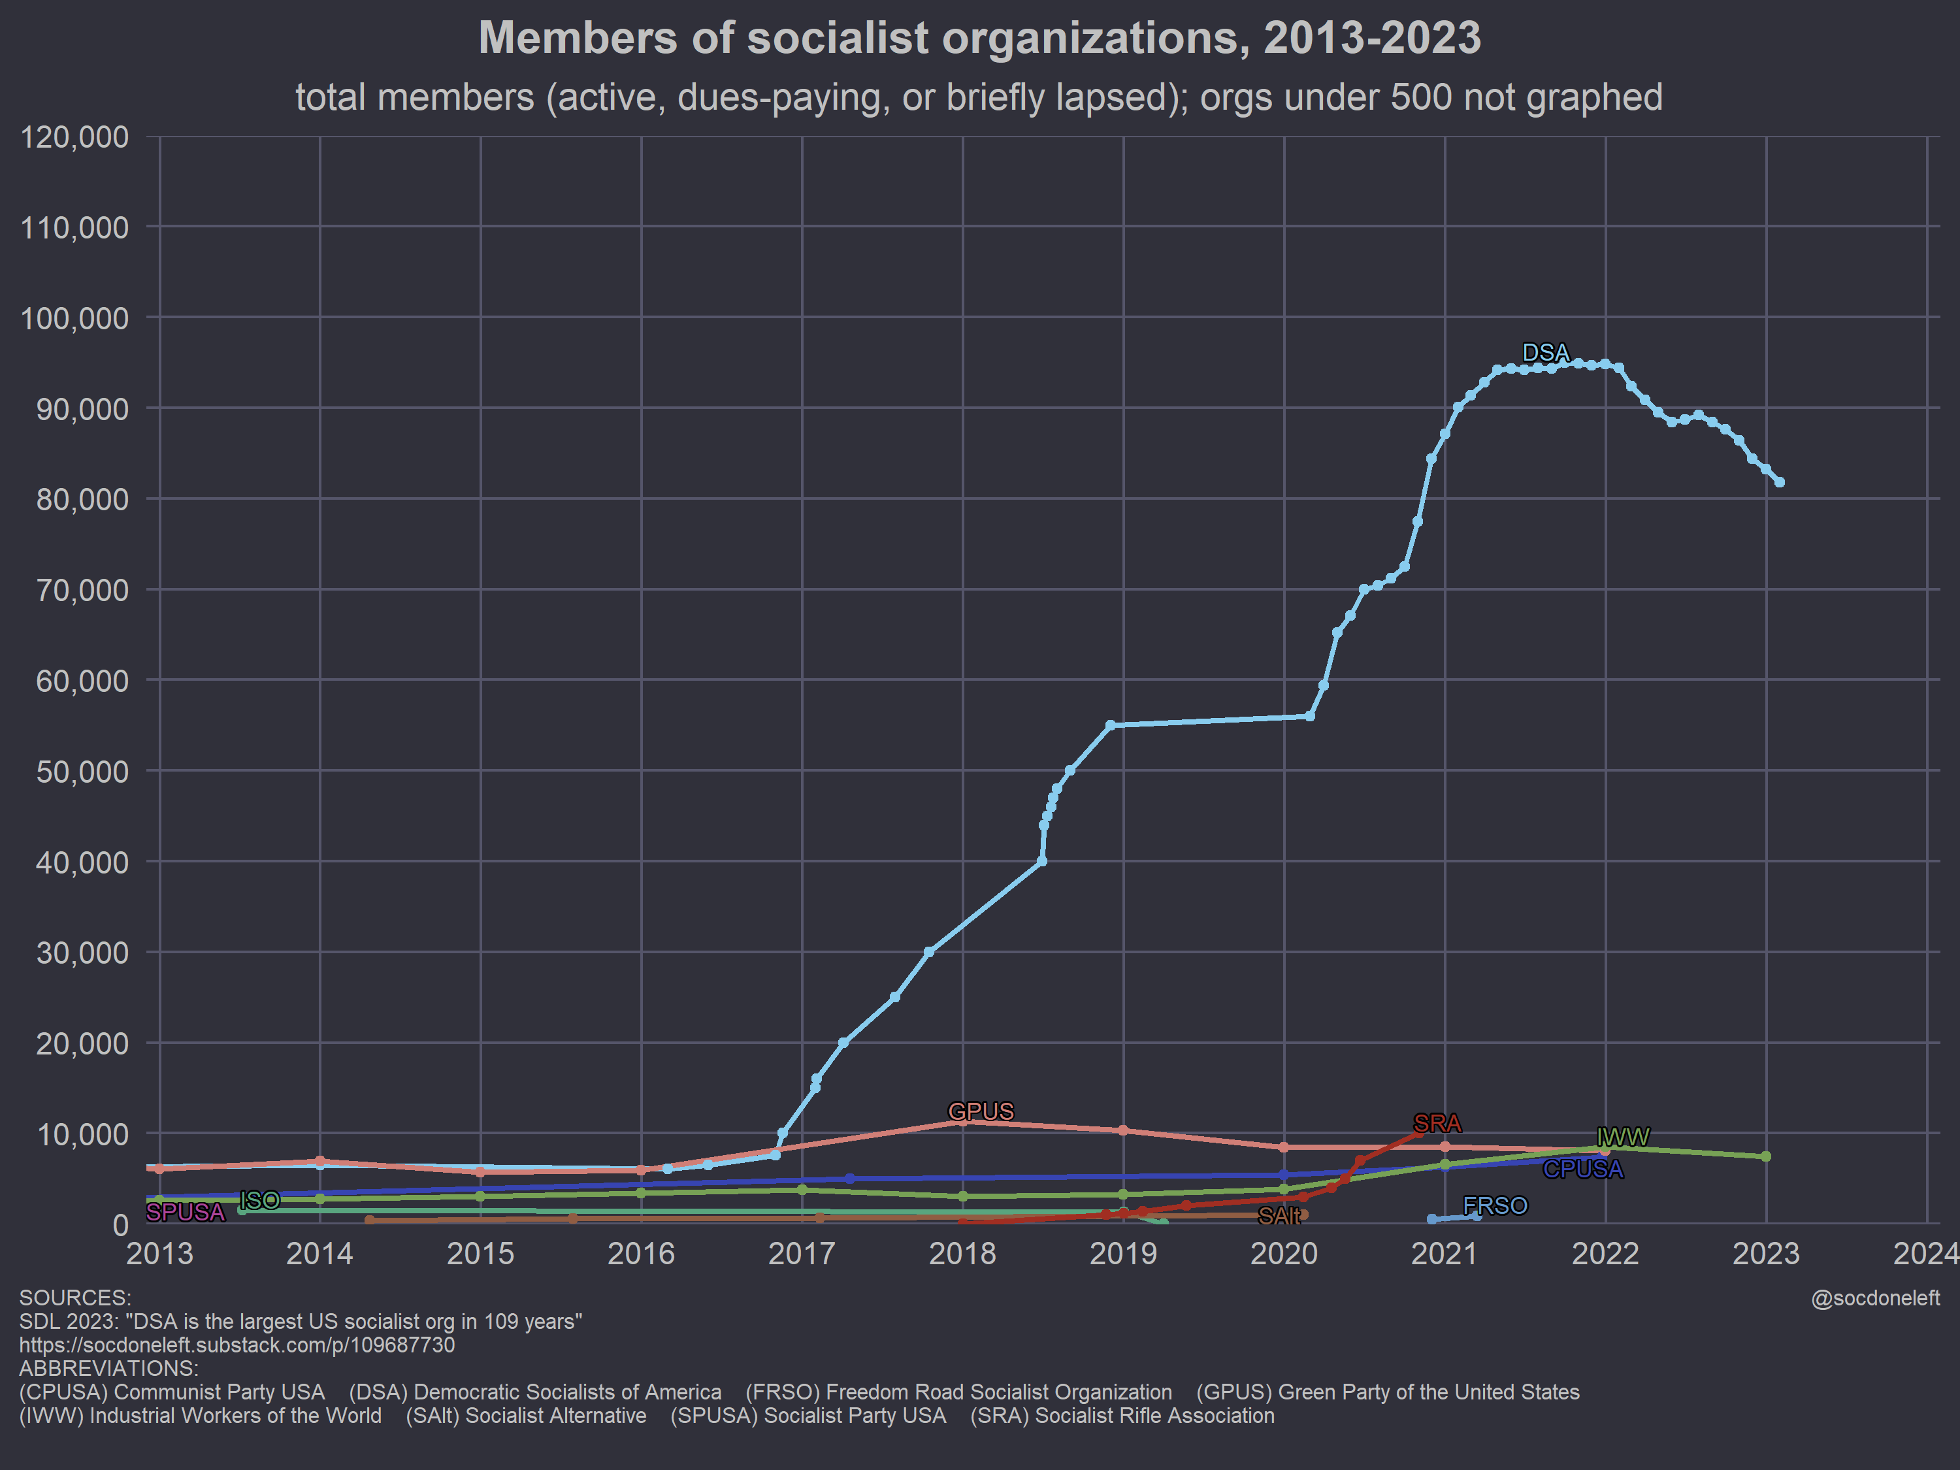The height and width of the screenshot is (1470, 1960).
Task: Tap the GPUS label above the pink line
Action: [x=981, y=1111]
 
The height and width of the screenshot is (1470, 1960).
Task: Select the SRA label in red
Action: [x=1437, y=1124]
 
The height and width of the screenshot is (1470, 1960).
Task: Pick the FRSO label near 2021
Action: [x=1495, y=1206]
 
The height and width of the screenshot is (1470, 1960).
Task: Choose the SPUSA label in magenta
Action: [x=185, y=1212]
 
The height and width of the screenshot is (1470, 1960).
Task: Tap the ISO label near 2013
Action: [x=259, y=1201]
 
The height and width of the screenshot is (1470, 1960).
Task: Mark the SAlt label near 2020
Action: [x=1279, y=1217]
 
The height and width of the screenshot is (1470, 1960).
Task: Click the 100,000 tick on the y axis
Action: [x=74, y=318]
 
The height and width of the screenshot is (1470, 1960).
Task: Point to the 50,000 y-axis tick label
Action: [x=82, y=772]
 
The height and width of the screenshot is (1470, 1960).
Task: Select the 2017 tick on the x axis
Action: [x=802, y=1254]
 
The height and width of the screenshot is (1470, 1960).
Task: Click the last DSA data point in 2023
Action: [x=1779, y=482]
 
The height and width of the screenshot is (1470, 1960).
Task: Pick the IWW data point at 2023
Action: [x=1766, y=1156]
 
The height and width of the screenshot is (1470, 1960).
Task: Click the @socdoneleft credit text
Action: [x=1875, y=1298]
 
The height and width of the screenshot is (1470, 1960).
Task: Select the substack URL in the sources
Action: [x=237, y=1345]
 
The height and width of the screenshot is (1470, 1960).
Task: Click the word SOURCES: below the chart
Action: [x=75, y=1298]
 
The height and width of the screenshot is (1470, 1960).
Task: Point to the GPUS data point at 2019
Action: [x=1124, y=1131]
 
